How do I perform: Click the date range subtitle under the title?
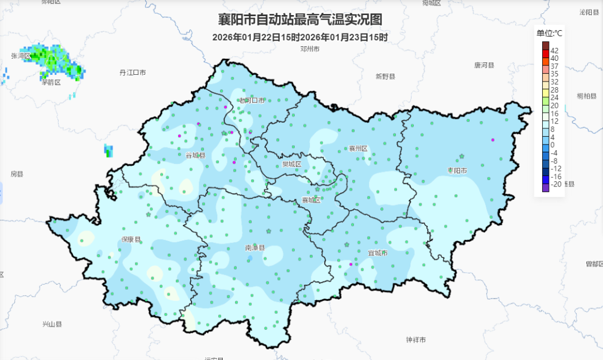300,37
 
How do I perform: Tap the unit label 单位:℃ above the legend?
549,33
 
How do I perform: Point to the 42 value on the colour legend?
554,50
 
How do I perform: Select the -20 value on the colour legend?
556,184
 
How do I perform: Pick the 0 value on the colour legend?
553,145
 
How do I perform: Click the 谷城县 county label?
195,155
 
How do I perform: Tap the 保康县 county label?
131,239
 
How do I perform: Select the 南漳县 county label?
255,247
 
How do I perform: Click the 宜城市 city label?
377,253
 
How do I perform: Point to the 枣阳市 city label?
457,170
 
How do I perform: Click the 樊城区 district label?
291,164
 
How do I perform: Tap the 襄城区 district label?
311,200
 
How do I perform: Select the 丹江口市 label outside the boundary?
132,73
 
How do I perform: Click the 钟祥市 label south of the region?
416,340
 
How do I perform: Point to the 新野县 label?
385,76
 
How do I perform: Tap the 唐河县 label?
484,65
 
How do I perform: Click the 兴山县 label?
52,324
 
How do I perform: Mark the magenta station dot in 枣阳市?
492,140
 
